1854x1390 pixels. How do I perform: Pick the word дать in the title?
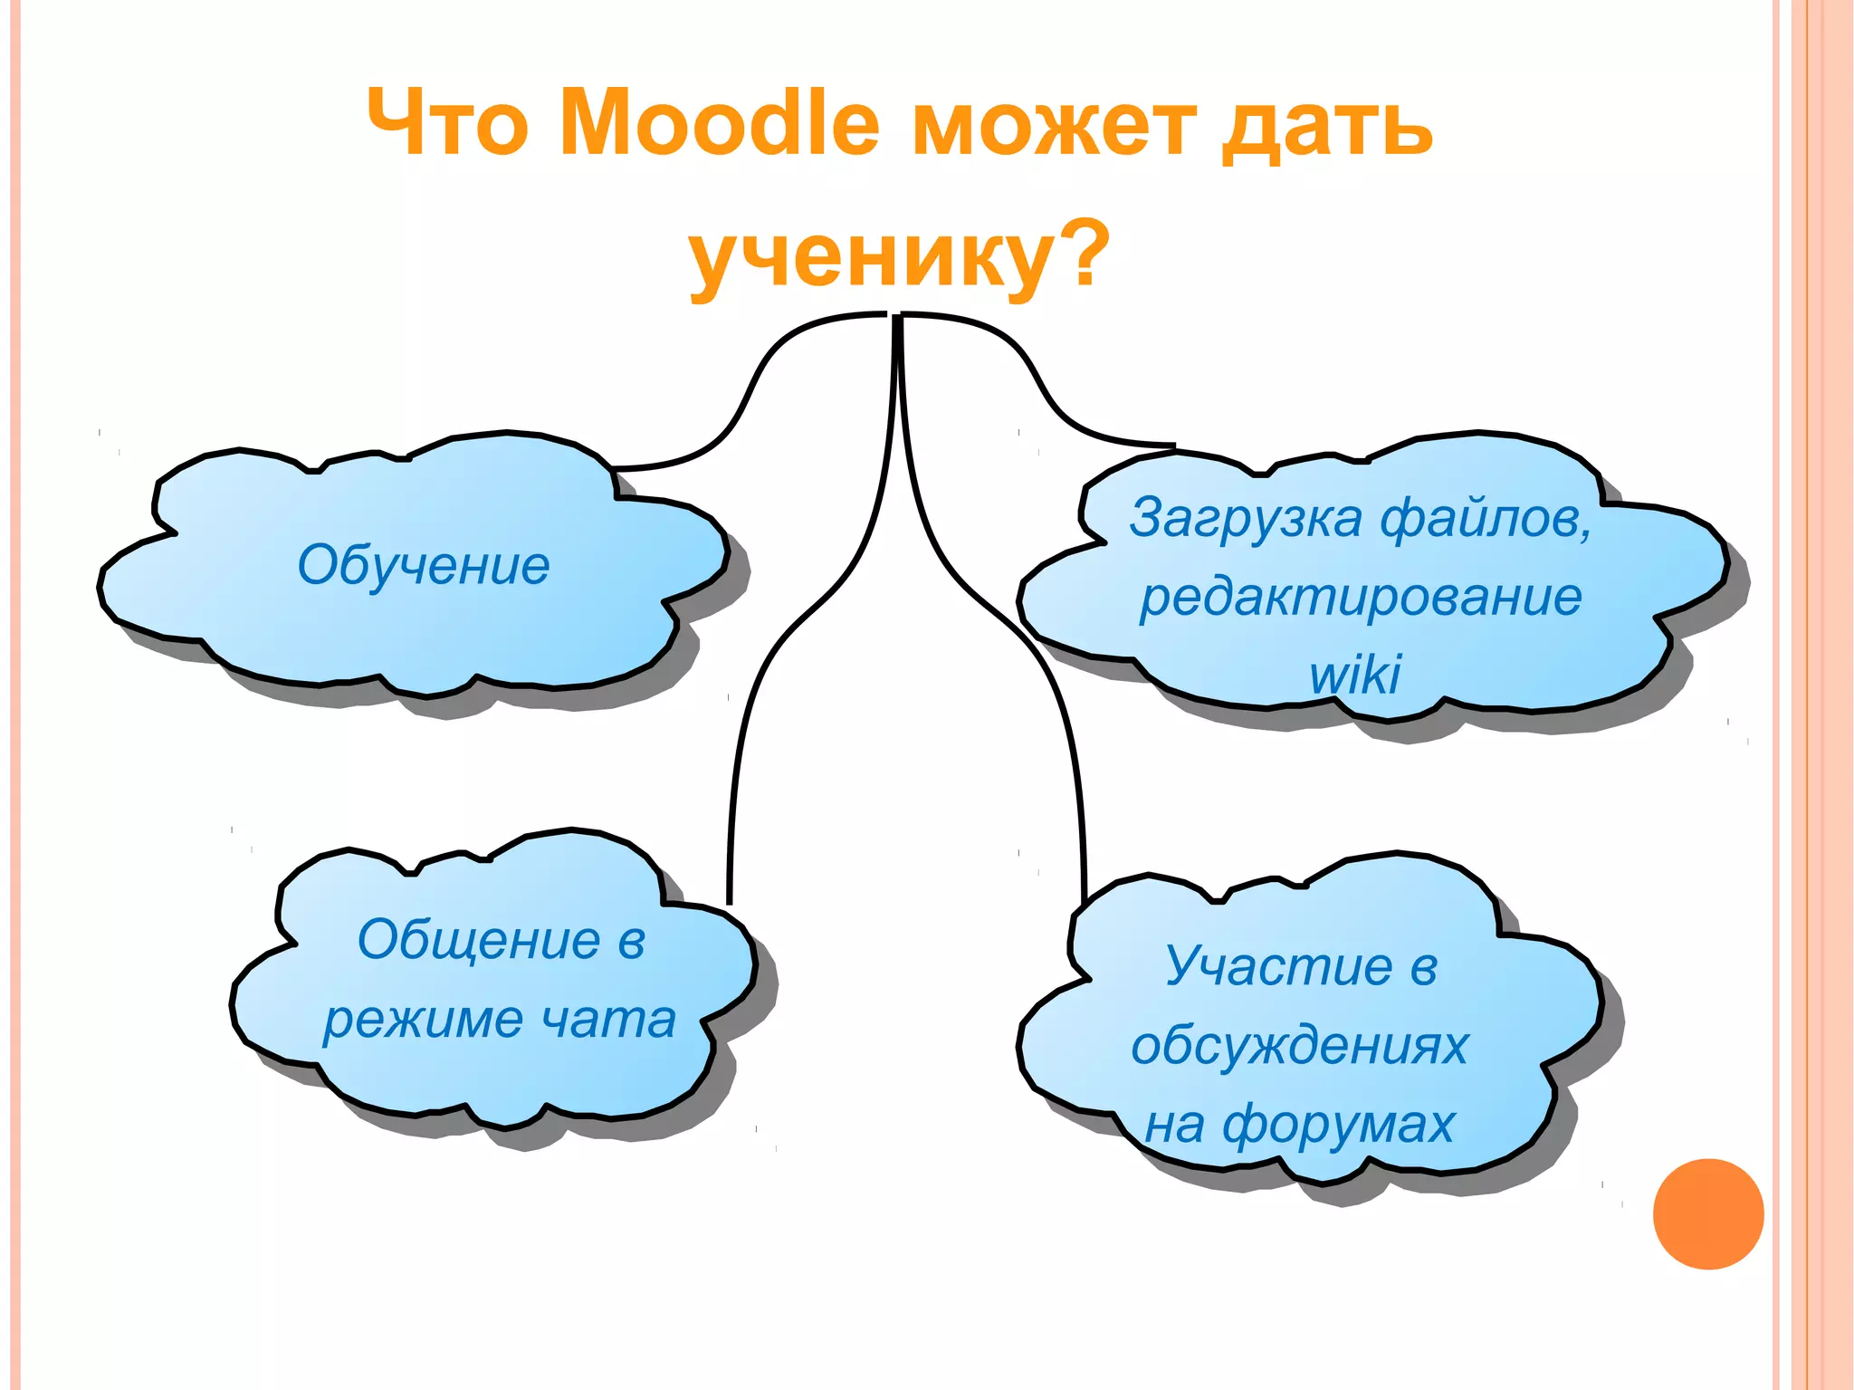pos(1327,128)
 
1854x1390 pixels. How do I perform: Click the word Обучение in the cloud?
pos(424,566)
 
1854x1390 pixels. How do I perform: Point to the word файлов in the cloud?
pos(1485,519)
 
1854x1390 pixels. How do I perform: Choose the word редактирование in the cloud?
pos(1361,598)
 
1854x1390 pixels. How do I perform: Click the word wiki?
pos(1354,675)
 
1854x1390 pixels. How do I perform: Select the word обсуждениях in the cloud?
pos(1299,1046)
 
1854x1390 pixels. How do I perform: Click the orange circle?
pos(1707,1213)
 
